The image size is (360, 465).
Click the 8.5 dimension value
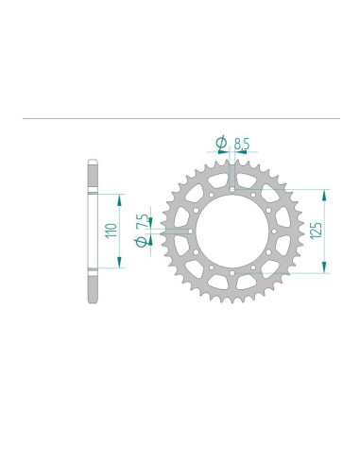(242, 145)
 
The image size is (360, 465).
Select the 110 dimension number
(110, 230)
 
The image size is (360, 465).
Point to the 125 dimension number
(314, 230)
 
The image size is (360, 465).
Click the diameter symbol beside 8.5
(221, 144)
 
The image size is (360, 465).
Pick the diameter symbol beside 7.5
(141, 243)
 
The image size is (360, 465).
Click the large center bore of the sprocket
(231, 230)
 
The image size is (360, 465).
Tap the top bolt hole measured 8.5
(231, 189)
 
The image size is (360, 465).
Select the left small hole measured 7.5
(191, 230)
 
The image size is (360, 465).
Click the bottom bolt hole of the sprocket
(231, 271)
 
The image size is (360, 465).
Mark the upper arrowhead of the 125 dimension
(326, 192)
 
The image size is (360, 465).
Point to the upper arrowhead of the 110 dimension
(120, 197)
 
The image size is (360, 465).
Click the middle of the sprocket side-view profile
(92, 230)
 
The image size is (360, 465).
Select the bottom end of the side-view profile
(92, 300)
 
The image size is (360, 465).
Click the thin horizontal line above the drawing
(180, 120)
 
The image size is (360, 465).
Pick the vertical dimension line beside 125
(326, 230)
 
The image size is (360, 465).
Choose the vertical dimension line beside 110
(120, 230)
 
